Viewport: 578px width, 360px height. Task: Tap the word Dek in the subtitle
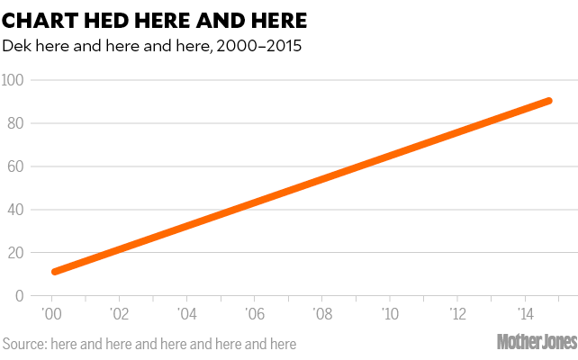(18, 45)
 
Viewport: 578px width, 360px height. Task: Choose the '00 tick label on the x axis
(51, 314)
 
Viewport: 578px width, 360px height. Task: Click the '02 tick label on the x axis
(119, 314)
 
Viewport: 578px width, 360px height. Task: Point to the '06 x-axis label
(254, 314)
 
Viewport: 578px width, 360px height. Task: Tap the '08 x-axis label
(321, 314)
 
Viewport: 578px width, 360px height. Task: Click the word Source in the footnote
(24, 344)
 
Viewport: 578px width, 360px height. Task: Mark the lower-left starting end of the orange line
(55, 271)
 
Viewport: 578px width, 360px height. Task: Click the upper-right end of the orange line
(548, 101)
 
